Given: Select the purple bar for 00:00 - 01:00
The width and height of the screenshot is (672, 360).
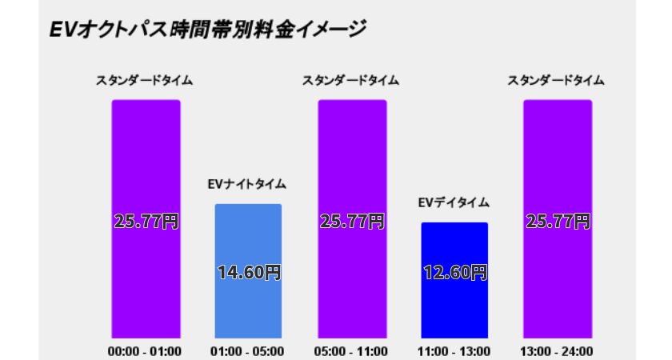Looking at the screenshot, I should tap(146, 160).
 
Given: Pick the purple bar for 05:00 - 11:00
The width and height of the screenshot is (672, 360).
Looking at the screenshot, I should tap(352, 160).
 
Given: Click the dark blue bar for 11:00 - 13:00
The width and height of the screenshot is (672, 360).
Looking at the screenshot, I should tap(454, 304).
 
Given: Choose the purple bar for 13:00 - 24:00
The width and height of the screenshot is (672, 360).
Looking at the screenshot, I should tap(558, 160).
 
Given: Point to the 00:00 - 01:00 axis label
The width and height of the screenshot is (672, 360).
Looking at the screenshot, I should tap(146, 350).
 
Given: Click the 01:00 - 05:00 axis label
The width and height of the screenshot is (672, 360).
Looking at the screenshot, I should tap(248, 350).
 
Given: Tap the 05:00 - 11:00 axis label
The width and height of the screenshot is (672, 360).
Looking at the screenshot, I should tap(352, 350).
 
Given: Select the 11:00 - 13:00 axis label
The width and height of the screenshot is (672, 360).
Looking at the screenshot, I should tap(454, 350).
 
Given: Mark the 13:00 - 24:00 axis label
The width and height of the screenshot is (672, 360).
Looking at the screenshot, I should tap(558, 350).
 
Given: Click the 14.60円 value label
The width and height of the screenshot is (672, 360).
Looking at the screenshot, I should tap(249, 272).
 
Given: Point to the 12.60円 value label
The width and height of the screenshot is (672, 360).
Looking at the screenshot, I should tap(454, 272).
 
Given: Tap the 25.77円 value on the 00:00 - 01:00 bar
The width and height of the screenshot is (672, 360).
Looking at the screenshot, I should tap(146, 221).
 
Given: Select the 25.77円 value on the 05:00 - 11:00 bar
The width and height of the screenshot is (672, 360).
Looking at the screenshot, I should tap(352, 221).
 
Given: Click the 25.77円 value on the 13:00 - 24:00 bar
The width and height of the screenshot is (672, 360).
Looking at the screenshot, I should tap(558, 221).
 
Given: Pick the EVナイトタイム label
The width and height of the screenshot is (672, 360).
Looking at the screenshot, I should tap(247, 185).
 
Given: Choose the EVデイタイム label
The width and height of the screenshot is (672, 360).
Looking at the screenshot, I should tap(454, 203).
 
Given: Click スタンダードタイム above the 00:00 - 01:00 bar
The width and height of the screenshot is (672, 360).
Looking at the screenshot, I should tap(145, 81).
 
